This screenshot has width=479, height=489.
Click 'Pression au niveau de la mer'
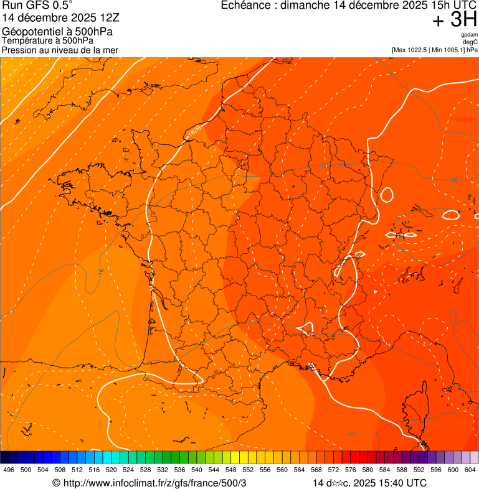coord(60,50)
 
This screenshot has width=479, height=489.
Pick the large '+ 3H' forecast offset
coord(454,21)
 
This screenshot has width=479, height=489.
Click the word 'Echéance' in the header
coord(248,6)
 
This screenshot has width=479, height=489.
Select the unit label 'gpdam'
coord(470,35)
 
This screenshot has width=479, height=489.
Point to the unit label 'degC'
coord(471,42)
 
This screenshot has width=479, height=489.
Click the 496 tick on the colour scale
coord(9,470)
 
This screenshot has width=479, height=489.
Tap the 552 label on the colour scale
coord(248,470)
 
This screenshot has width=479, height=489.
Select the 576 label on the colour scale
coord(351,470)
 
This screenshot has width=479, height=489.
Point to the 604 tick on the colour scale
coord(470,470)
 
